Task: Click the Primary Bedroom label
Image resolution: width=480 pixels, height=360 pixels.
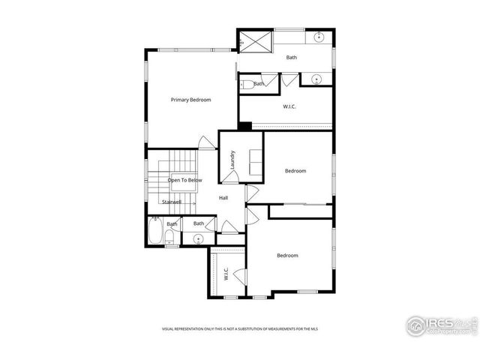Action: [190, 100]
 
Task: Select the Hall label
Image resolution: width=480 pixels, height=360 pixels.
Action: [223, 198]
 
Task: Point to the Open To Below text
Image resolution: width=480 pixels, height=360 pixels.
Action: [184, 180]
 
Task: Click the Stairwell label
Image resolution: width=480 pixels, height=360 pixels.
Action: [172, 202]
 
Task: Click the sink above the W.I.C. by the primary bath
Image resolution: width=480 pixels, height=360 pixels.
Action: [316, 78]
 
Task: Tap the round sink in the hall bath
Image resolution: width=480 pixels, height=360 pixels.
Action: [199, 239]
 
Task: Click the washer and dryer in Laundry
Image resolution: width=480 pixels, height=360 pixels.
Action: [254, 161]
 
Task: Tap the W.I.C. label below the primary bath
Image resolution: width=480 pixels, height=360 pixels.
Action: [289, 106]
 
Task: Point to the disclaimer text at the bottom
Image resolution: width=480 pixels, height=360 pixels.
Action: [244, 328]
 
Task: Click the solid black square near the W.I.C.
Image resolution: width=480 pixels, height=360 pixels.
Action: [244, 125]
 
